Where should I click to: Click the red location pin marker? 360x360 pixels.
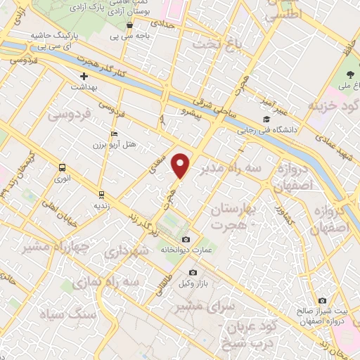click(181, 165)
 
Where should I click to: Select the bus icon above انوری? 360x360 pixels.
click(63, 168)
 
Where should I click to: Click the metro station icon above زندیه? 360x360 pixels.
click(102, 194)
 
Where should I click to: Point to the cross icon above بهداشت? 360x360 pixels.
click(84, 75)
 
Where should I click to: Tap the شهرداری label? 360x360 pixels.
click(127, 250)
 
